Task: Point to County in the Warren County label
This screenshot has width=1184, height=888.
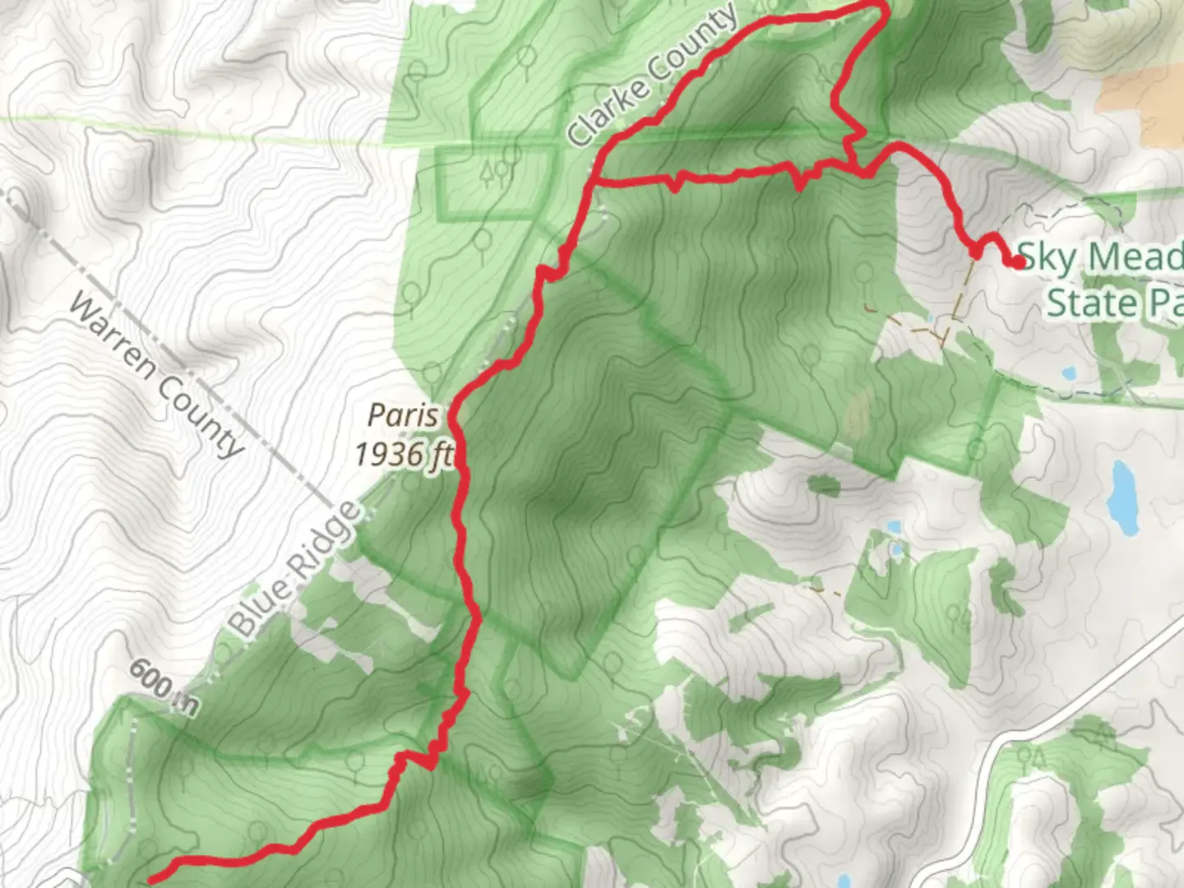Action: [x=200, y=416]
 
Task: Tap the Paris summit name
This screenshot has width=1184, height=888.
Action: [x=403, y=414]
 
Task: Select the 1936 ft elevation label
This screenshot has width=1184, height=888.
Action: [x=403, y=453]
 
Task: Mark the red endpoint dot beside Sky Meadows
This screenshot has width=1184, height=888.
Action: [x=1018, y=262]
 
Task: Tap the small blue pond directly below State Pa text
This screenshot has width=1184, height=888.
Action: [x=1069, y=373]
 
